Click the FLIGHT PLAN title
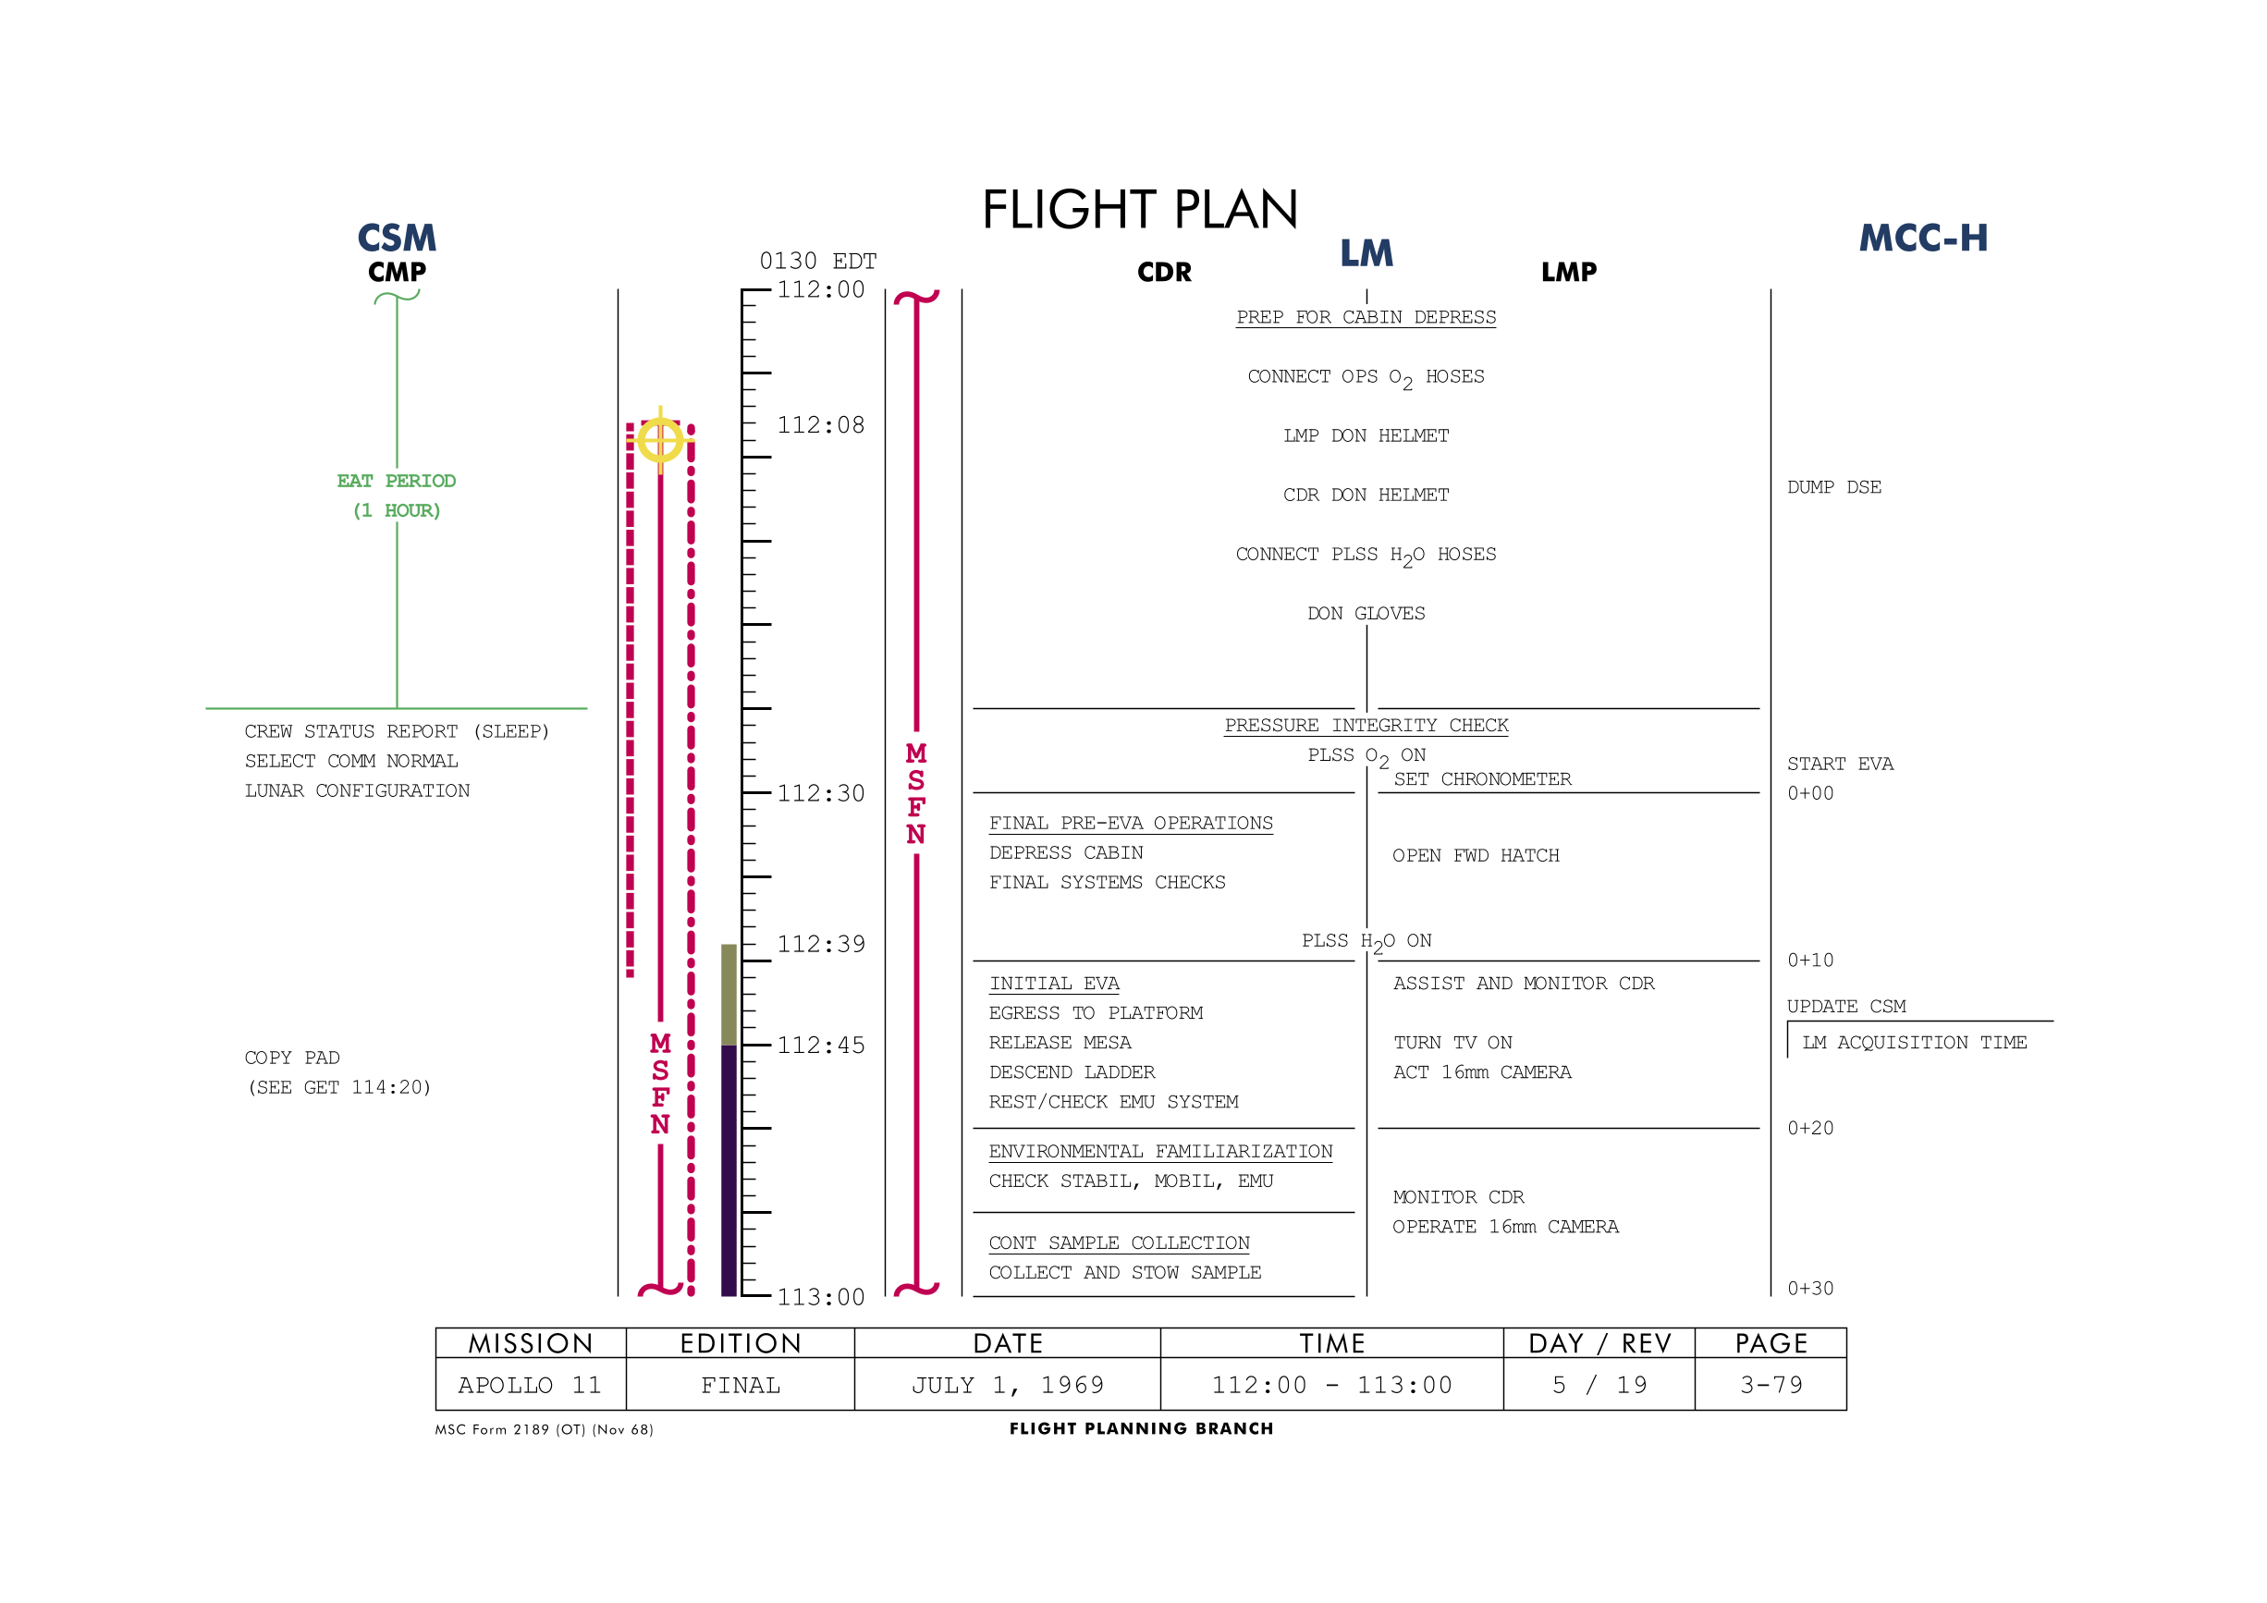(1139, 209)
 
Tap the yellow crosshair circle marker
(659, 439)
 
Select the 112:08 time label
(820, 424)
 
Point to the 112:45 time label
(820, 1045)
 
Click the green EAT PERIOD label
(396, 481)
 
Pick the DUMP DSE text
(1833, 486)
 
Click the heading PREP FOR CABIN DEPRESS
(1366, 317)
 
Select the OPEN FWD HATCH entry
(1476, 855)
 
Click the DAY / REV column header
(1599, 1342)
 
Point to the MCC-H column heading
(1922, 238)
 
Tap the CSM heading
(396, 238)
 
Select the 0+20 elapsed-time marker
(1810, 1127)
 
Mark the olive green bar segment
(729, 994)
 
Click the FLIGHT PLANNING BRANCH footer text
(1142, 1427)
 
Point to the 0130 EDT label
(817, 261)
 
